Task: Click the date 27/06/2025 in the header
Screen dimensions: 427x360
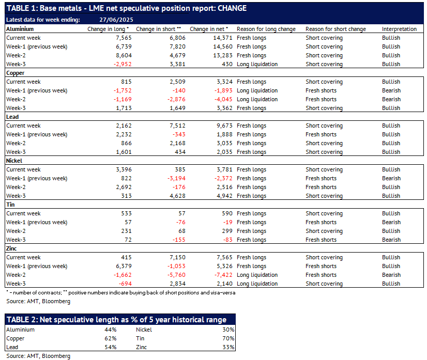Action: (116, 20)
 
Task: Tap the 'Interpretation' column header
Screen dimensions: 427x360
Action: (399, 29)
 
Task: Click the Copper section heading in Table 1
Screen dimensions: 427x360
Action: (16, 73)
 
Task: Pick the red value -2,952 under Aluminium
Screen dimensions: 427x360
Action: (123, 64)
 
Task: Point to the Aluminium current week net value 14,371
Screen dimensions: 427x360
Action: (223, 38)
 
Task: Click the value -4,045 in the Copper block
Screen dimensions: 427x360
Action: (223, 99)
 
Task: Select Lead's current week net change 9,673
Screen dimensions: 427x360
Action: (224, 126)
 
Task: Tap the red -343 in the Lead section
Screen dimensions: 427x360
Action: (179, 134)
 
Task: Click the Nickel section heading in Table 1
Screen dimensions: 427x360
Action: (14, 161)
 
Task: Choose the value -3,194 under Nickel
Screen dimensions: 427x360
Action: (176, 178)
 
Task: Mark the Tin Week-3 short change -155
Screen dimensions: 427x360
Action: (179, 240)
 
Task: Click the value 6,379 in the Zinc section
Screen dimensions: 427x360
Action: (124, 266)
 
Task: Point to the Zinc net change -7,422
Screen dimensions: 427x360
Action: (223, 275)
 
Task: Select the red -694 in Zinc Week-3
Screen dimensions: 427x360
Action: (125, 284)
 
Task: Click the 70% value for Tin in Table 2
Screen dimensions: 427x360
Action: (228, 338)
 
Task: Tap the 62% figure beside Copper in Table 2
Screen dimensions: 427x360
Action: (111, 338)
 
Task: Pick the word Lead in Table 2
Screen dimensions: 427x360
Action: (12, 347)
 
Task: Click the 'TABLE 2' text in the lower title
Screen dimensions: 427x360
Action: (22, 320)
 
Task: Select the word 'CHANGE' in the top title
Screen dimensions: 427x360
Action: (232, 8)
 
